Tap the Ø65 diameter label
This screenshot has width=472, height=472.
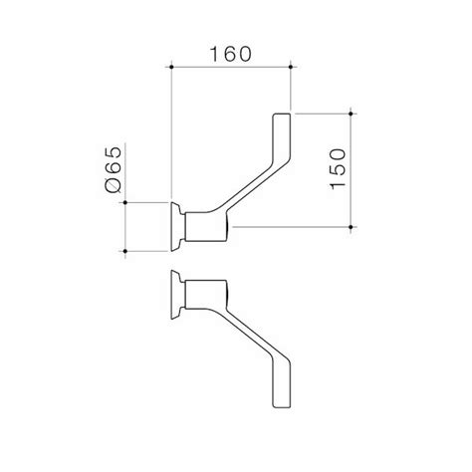[111, 168]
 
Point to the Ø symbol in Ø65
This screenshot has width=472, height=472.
[111, 184]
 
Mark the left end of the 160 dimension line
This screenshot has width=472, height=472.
[173, 68]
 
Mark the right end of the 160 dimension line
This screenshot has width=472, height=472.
[290, 68]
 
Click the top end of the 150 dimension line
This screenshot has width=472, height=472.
[353, 113]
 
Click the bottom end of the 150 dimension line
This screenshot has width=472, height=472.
[353, 226]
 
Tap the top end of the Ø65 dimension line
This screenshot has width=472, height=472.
[127, 202]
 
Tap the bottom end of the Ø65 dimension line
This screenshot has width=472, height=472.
[127, 250]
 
